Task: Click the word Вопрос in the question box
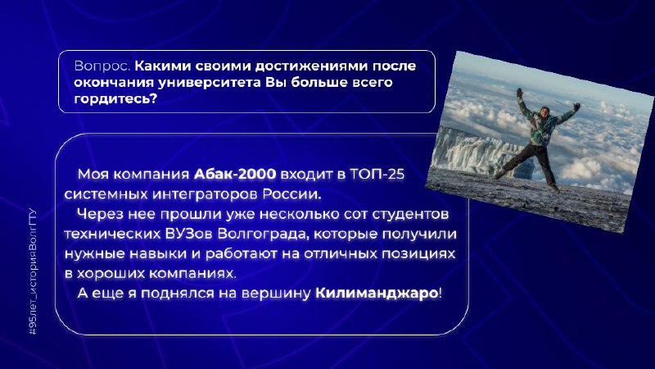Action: tap(102, 66)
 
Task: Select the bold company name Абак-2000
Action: tap(235, 174)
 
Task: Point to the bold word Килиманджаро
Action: tap(377, 294)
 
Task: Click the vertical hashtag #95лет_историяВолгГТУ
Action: tap(33, 272)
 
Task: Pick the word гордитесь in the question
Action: tap(115, 98)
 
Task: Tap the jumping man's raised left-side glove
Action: tap(519, 93)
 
